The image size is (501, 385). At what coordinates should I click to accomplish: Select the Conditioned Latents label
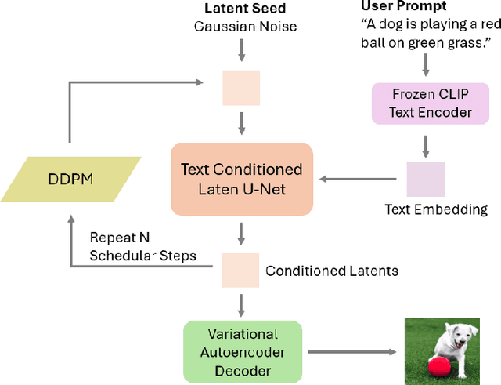tap(332, 271)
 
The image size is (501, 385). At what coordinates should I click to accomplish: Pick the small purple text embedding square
tap(425, 179)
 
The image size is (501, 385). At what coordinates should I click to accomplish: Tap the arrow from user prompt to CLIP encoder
tap(425, 62)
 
